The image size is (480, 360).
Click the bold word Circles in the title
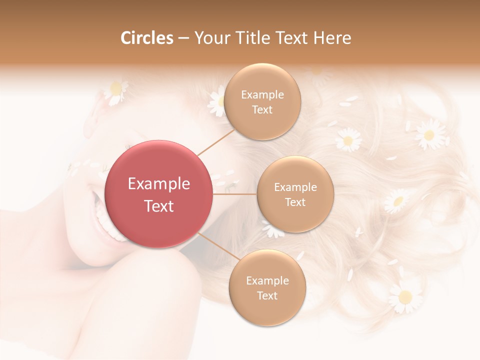(147, 38)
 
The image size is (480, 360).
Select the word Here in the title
(332, 38)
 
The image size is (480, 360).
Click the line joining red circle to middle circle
(235, 194)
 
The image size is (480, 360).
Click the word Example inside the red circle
(158, 184)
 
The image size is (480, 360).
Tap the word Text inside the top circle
(262, 110)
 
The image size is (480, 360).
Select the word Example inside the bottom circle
(267, 281)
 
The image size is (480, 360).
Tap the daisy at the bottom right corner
(405, 296)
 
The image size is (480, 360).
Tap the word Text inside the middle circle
(295, 202)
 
